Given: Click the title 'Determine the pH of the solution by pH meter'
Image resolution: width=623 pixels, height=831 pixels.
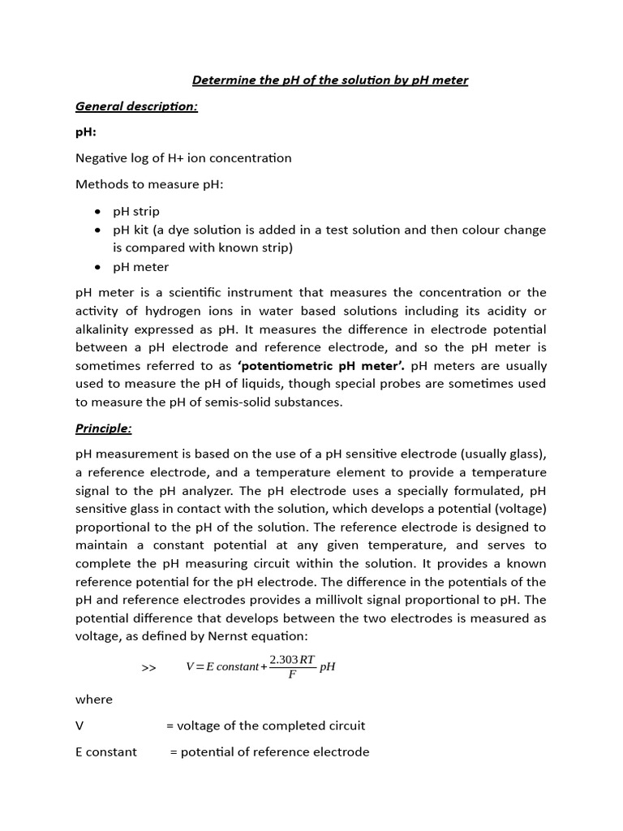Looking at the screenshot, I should point(329,80).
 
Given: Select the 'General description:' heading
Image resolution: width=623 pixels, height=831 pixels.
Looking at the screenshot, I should point(136,106).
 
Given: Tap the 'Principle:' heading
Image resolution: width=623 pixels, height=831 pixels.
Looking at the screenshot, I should point(103,428).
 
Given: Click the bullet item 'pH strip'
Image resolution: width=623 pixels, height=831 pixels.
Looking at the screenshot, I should point(136,211).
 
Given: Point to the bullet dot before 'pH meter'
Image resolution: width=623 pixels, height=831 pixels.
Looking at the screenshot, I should point(97,267).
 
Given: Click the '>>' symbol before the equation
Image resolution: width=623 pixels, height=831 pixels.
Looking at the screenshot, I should point(148,667).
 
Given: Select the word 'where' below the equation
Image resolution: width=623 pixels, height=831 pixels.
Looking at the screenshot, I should point(94,699).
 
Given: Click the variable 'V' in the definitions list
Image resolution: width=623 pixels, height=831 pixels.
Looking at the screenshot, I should point(79,726).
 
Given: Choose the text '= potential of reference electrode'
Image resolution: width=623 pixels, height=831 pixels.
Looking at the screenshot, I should point(269,751).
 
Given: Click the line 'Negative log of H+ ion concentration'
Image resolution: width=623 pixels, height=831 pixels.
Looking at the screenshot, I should point(183,157).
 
